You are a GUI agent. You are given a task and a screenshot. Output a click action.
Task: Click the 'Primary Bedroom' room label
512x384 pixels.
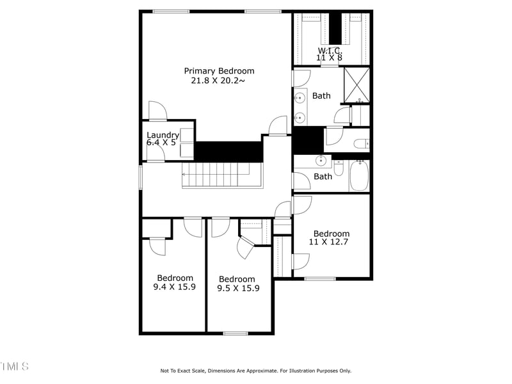[219, 71]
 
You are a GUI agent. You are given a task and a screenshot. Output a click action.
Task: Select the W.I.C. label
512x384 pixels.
[330, 50]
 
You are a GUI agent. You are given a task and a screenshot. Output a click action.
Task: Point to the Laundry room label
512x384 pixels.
[163, 134]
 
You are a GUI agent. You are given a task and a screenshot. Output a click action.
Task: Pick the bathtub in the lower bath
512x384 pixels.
[359, 175]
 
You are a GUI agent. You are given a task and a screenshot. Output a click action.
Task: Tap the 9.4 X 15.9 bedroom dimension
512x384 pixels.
[175, 287]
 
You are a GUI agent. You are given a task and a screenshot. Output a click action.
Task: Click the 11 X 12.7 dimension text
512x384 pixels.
[331, 243]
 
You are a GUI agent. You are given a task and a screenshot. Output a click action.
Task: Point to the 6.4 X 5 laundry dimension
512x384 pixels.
[161, 143]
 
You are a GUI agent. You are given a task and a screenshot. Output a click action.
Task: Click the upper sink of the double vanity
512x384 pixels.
[300, 98]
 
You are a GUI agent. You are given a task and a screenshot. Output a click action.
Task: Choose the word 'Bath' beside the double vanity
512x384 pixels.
[321, 96]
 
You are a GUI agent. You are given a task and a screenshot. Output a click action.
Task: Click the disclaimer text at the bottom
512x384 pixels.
[255, 371]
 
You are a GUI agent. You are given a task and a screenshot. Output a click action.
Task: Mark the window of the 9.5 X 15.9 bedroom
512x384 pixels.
[236, 333]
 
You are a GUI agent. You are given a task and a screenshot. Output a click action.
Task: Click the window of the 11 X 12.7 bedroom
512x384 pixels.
[320, 278]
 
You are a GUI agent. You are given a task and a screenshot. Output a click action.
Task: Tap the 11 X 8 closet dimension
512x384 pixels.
[330, 58]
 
